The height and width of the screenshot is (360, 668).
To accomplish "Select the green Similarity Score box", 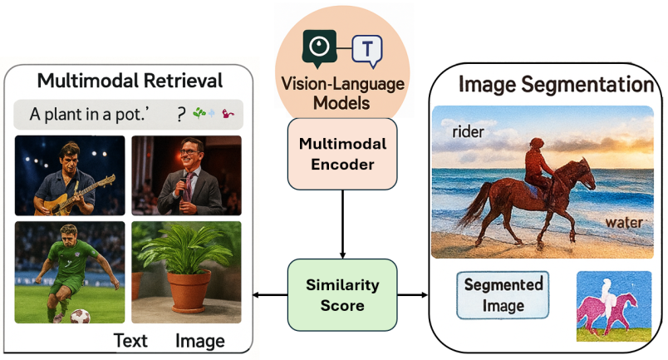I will [343, 295].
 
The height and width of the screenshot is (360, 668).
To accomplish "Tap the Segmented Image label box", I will [503, 295].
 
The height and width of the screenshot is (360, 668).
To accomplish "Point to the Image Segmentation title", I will [556, 84].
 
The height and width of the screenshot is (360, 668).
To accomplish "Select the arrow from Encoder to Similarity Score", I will [343, 223].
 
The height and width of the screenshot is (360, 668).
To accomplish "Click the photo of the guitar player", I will [70, 175].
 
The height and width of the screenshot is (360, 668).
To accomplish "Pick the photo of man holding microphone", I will [187, 175].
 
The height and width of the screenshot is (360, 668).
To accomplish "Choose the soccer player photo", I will [70, 271].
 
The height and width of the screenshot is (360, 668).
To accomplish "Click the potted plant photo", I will [187, 271].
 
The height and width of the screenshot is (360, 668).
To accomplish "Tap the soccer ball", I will [80, 317].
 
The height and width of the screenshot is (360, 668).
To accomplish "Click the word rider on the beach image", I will [469, 132].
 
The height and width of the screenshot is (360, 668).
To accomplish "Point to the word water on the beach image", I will [623, 223].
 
